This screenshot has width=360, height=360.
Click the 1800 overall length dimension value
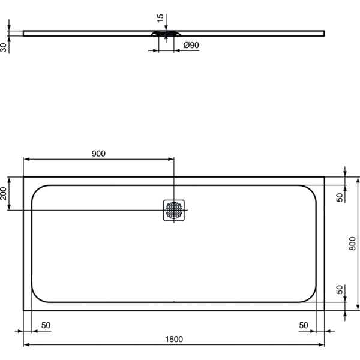173,339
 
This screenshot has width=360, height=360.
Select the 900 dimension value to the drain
98,154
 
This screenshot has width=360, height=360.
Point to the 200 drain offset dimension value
5,193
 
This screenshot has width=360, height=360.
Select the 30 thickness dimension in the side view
5,47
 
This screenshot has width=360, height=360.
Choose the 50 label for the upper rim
339,197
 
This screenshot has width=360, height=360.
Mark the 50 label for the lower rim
339,290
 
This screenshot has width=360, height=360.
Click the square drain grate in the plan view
173,209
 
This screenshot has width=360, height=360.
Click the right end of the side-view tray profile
323,32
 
